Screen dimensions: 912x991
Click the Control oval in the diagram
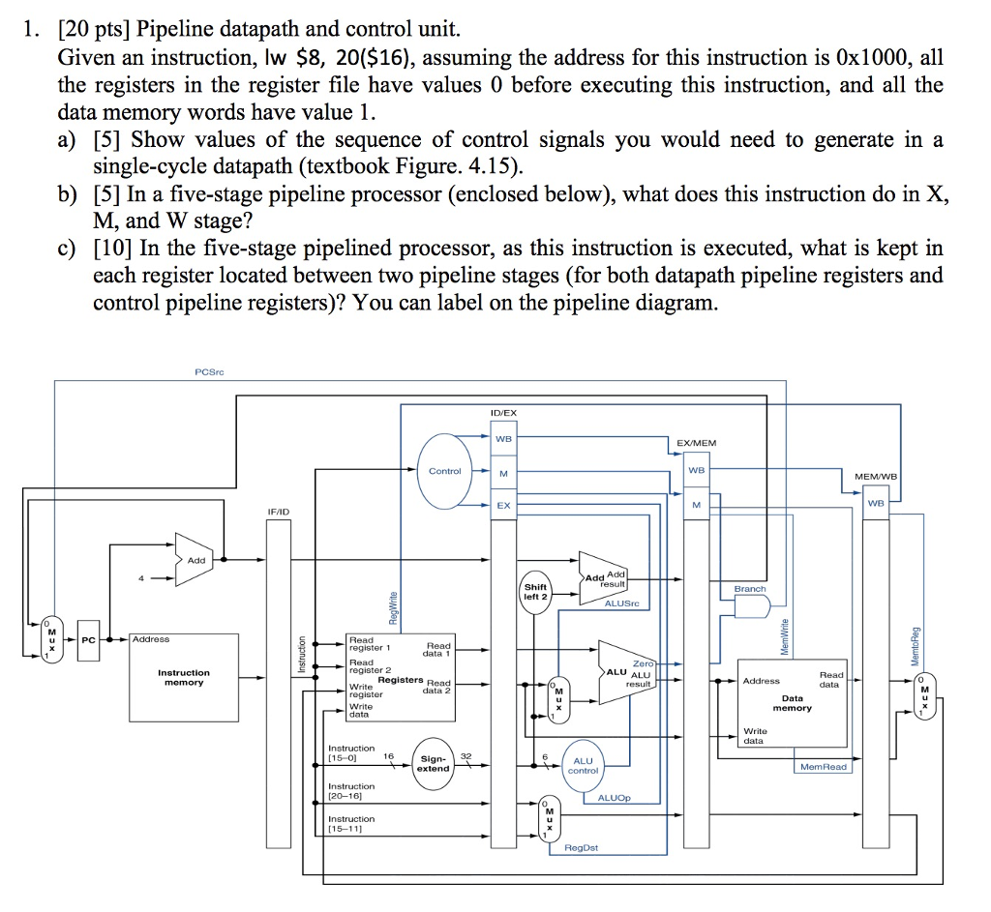click(x=444, y=472)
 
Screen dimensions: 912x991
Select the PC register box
click(x=89, y=640)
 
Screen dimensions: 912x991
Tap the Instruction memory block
click(x=184, y=677)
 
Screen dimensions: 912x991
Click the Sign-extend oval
click(x=433, y=763)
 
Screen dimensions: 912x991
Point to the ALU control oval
click(x=583, y=765)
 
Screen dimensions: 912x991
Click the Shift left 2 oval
click(x=535, y=592)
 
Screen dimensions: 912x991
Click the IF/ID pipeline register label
click(x=279, y=510)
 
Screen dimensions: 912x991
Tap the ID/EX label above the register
click(x=504, y=413)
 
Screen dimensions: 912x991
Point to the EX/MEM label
click(x=696, y=444)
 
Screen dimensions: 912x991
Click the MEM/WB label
click(x=875, y=476)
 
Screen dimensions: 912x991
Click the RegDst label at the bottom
click(x=581, y=847)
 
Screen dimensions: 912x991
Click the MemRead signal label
click(x=822, y=766)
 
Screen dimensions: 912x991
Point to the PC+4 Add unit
click(x=194, y=559)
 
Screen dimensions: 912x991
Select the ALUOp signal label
click(x=614, y=798)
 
